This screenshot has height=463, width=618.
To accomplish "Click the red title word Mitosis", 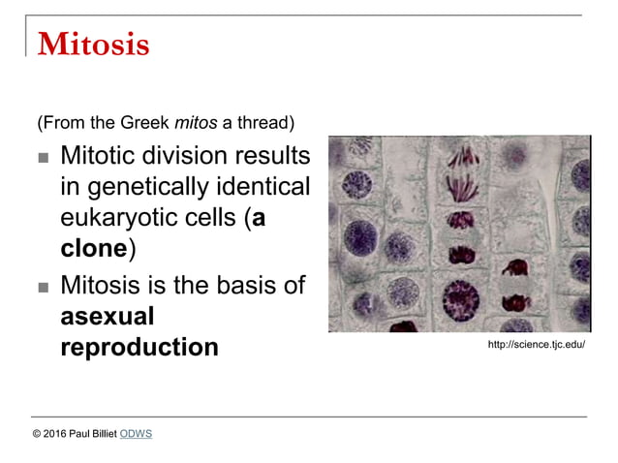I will (x=93, y=45).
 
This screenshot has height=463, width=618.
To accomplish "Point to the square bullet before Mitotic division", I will (x=43, y=158).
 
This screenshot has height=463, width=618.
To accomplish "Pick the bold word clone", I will (x=94, y=248).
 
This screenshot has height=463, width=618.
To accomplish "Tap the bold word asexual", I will (x=108, y=316).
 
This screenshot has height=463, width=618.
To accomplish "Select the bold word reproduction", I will (x=139, y=347).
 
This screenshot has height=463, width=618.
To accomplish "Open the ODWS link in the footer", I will (x=136, y=434).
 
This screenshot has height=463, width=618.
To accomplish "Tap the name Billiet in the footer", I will (x=103, y=434).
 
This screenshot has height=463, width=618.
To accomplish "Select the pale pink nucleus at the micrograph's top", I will (x=512, y=155).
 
